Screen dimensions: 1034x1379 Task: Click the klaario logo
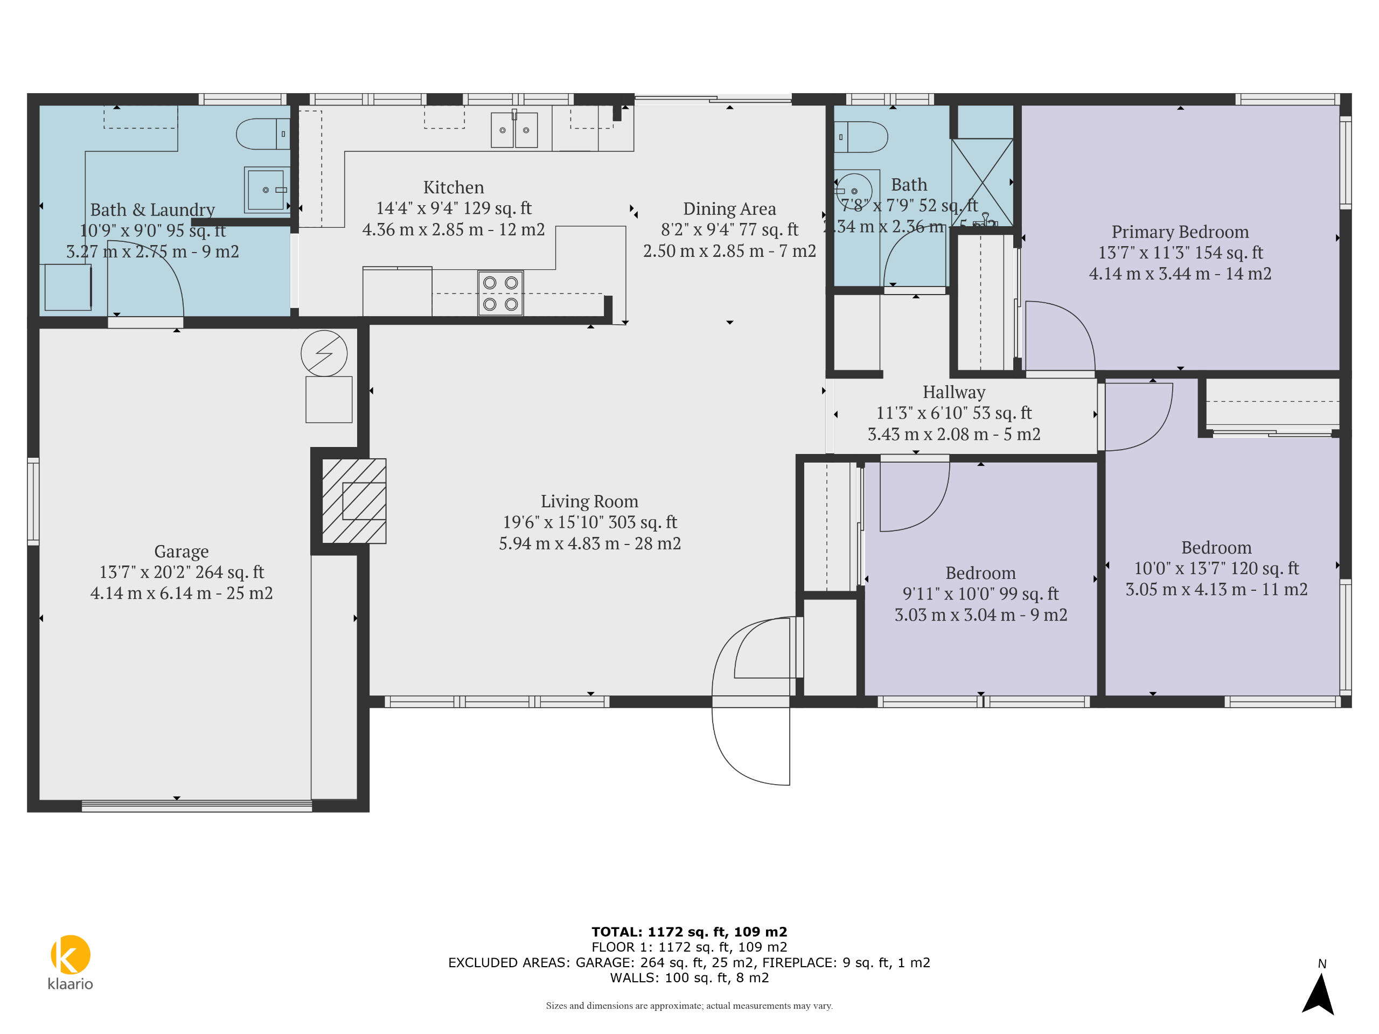71,960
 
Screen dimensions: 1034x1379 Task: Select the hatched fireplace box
354,501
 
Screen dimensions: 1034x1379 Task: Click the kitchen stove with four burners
500,293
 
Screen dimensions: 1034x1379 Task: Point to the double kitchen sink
514,130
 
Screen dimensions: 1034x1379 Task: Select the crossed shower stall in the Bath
982,182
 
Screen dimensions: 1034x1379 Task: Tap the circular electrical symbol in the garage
324,353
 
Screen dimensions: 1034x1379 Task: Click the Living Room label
589,501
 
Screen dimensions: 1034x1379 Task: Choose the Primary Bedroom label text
1180,232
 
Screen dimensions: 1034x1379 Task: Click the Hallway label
954,392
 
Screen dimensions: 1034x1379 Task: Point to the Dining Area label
729,209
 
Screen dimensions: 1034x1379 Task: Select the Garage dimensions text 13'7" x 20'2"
182,572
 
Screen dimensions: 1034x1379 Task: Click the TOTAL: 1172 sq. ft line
689,932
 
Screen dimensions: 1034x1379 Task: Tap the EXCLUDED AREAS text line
689,962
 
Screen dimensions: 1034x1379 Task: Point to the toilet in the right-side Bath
863,137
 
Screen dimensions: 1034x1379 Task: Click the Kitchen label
453,187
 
